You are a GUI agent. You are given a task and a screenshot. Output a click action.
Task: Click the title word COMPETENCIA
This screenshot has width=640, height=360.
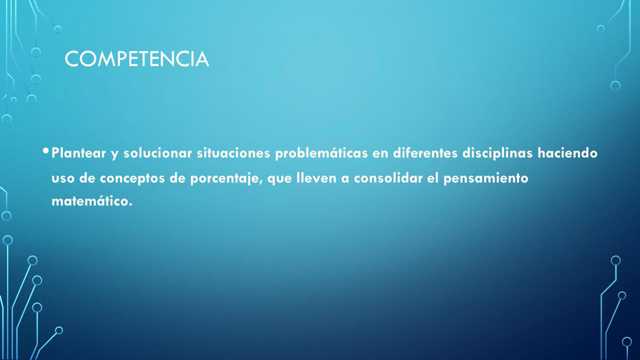coord(137,59)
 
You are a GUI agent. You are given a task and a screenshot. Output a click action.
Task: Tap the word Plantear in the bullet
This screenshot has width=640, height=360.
coord(79,153)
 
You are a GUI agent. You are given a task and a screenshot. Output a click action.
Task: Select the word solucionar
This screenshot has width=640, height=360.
coord(157,153)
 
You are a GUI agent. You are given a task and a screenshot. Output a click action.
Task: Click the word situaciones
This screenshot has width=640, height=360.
coord(233,153)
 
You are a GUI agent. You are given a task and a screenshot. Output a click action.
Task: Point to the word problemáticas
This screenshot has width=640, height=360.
coord(321,153)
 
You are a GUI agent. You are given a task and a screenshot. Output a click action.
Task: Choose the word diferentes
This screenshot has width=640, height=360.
coord(425,153)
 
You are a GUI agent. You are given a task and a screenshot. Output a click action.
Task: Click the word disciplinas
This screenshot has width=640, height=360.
coord(497,153)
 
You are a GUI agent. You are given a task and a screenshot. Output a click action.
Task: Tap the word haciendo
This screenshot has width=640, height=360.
coord(567,153)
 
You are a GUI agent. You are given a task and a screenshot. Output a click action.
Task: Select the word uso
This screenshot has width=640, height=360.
coord(63,179)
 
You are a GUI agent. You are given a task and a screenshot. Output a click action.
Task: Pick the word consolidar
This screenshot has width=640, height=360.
coord(388,178)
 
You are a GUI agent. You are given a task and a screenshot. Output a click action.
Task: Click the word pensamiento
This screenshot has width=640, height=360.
coord(485,179)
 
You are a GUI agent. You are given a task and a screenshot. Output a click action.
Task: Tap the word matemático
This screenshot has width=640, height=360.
coord(92,201)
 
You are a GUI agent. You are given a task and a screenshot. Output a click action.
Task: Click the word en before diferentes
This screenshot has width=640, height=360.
coord(380,154)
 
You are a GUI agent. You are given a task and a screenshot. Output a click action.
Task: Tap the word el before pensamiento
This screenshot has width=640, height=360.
coord(433,178)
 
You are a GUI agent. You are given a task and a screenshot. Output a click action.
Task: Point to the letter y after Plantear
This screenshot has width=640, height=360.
coord(115,155)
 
